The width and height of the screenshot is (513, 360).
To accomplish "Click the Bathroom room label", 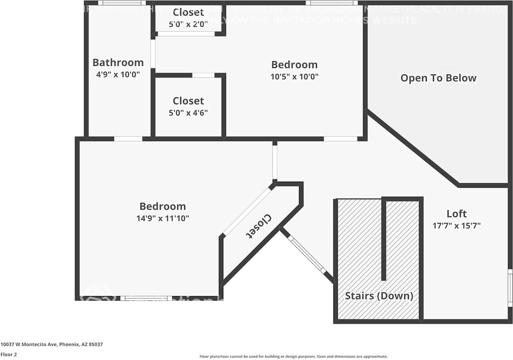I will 118,63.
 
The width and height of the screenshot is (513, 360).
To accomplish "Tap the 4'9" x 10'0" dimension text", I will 118,74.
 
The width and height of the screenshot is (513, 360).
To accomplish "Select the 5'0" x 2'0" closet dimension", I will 188,24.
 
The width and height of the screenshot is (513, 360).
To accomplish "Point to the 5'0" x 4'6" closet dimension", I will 188,113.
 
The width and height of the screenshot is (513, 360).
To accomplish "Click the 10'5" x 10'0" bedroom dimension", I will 294,76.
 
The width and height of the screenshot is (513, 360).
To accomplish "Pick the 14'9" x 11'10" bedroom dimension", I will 163,218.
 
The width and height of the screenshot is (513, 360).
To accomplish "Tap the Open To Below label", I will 438,78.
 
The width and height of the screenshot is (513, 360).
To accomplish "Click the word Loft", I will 456,214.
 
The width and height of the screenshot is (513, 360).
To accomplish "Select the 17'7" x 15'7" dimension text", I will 456,226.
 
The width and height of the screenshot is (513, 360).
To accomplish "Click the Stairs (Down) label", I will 379,296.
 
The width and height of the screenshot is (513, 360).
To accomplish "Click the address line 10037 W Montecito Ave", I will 51,345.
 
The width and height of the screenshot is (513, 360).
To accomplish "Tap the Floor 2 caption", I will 8,354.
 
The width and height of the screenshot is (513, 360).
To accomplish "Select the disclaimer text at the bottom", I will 293,356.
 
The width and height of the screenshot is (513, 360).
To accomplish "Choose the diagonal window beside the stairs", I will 307,255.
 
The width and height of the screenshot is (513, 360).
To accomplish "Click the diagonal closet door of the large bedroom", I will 248,210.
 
